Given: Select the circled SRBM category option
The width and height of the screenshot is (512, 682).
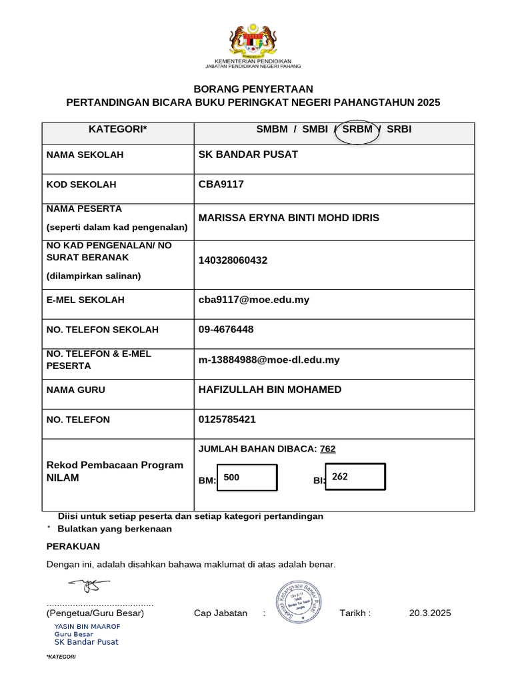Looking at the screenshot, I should (x=357, y=130).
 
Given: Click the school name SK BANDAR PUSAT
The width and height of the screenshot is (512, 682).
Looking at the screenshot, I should (x=248, y=155).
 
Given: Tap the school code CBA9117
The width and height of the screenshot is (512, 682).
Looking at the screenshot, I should (x=221, y=184).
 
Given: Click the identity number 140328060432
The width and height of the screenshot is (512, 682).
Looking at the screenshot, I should (x=233, y=260).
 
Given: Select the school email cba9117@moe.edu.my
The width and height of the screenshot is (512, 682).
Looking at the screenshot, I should (x=254, y=300).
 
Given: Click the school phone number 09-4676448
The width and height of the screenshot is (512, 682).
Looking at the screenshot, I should (x=226, y=330).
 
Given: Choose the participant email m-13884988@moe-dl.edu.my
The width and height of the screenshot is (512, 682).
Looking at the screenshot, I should (x=269, y=360).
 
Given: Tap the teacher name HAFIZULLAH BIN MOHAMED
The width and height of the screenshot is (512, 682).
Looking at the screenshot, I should (x=270, y=390).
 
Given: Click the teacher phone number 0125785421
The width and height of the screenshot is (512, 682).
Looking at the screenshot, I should (x=227, y=420).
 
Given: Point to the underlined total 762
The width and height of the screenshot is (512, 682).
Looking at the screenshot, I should (x=327, y=449).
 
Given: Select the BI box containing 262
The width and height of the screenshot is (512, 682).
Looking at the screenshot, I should (x=355, y=477).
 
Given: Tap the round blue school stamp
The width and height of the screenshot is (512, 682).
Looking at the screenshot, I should (x=298, y=601).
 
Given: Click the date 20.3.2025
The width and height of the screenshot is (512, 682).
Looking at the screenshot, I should (x=430, y=613).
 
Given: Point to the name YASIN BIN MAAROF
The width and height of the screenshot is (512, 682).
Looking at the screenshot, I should (x=87, y=627).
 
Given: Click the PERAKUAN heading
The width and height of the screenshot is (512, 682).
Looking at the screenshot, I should (x=73, y=547).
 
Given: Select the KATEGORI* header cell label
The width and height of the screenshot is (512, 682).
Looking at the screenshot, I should (x=117, y=130).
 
